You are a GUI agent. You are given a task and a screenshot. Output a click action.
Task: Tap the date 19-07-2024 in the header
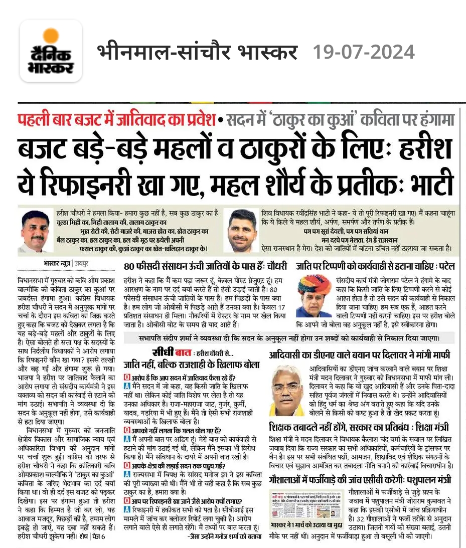click(364, 52)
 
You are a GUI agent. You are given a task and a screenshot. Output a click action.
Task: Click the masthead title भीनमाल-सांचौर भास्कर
click(197, 52)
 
